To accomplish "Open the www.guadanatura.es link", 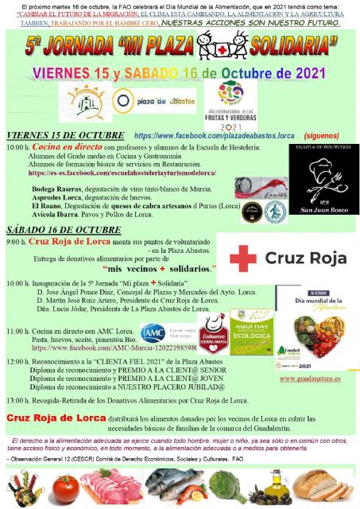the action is coord(311,379).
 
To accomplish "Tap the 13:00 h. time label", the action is coord(17,399).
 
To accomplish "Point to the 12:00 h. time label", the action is coord(17,360).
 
